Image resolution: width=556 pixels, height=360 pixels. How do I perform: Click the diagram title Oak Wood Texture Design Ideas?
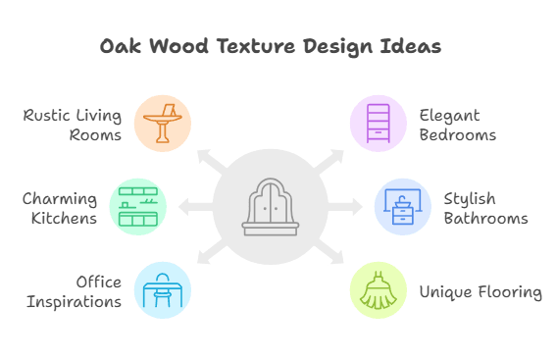[271, 47]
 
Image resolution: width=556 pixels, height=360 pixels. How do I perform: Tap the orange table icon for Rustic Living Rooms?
[162, 124]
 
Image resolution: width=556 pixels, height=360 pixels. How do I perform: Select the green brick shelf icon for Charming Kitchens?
[138, 207]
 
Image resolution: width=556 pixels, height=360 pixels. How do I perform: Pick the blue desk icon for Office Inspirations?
[162, 290]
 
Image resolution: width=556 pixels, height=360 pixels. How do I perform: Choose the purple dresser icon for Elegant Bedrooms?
[379, 124]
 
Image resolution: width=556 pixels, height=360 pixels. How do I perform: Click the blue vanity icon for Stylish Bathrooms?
[402, 207]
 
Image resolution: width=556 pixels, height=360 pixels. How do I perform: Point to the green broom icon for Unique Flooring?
[379, 290]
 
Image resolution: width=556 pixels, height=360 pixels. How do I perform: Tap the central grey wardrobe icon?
[270, 207]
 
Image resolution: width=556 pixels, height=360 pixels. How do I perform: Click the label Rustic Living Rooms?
[73, 125]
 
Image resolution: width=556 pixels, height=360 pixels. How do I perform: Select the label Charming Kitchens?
[60, 208]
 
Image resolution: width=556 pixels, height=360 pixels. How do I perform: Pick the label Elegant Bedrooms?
[457, 125]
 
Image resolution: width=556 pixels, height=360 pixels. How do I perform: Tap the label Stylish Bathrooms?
[485, 208]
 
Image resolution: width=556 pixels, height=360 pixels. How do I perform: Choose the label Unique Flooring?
[480, 291]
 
